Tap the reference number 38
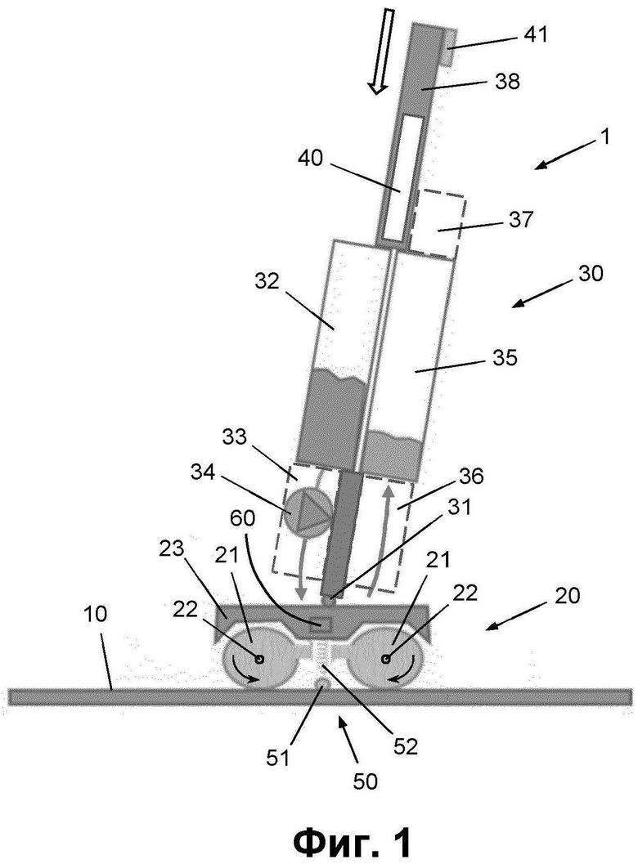(x=507, y=82)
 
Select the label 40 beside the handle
(x=311, y=159)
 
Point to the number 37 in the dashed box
(x=520, y=219)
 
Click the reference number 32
(x=268, y=281)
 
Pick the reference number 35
(x=505, y=357)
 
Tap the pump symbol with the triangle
(x=307, y=513)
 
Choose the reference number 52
(x=406, y=745)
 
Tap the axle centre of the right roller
(x=386, y=658)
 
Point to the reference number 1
(x=605, y=137)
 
